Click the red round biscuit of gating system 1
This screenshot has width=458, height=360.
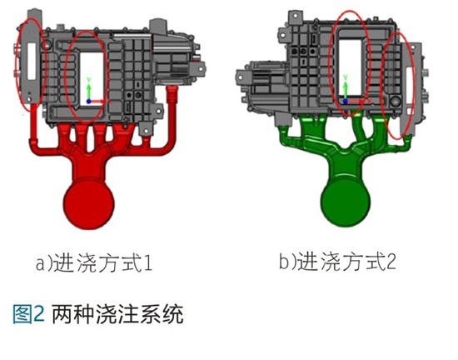point(89,204)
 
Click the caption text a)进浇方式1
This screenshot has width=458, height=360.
point(94,262)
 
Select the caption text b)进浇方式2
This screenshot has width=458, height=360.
point(337,261)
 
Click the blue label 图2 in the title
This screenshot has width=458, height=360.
point(28,314)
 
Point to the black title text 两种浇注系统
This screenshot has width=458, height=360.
point(117,314)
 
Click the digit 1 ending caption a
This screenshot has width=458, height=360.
point(148,263)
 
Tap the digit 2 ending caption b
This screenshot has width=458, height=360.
point(391,261)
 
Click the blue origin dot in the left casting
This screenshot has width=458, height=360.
point(89,102)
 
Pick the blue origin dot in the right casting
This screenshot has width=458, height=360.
point(346,101)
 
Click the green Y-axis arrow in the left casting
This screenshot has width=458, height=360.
point(89,89)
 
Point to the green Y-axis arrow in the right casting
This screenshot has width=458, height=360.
point(346,87)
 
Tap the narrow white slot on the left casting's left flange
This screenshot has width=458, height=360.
point(32,61)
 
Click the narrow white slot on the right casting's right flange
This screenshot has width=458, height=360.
point(411,85)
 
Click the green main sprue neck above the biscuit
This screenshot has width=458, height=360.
point(346,167)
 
